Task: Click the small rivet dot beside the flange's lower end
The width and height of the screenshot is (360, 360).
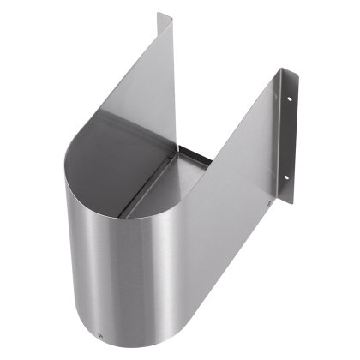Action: coord(270,203)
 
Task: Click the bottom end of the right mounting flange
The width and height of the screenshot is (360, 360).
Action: coord(288,202)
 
